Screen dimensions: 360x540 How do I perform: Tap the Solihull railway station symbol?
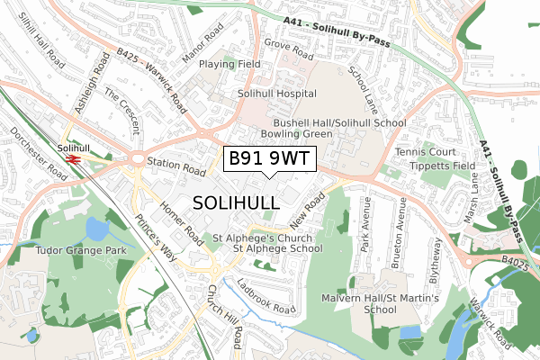pyautogui.click(x=73, y=159)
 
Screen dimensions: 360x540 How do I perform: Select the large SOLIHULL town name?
pyautogui.click(x=236, y=202)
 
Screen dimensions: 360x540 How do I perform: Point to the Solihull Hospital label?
pyautogui.click(x=276, y=94)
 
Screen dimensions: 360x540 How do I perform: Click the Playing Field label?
pyautogui.click(x=229, y=65)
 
